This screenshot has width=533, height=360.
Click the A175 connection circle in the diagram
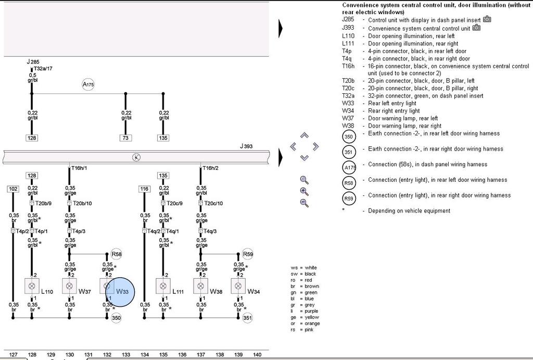click(x=88, y=84)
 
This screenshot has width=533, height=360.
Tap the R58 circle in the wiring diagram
click(x=117, y=254)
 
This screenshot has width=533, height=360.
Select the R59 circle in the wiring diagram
click(x=248, y=254)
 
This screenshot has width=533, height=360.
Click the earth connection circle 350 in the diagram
click(x=116, y=318)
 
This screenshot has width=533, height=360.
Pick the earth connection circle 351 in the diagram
click(x=248, y=318)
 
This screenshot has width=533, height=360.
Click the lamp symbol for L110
click(x=32, y=286)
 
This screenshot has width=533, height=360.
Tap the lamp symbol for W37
click(x=69, y=286)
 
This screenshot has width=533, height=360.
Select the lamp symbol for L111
click(x=163, y=286)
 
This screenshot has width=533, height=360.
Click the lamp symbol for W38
click(x=201, y=286)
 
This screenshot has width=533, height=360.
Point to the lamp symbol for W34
click(x=238, y=286)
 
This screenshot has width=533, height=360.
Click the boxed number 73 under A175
click(x=125, y=138)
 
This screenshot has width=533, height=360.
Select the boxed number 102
click(x=13, y=189)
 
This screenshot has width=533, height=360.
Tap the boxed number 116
click(x=145, y=189)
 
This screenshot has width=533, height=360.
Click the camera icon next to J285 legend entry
click(x=487, y=20)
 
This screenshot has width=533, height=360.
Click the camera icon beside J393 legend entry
click(x=476, y=28)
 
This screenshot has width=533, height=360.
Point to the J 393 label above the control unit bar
click(x=246, y=146)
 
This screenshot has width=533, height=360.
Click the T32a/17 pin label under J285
click(x=43, y=68)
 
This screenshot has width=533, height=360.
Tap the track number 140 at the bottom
click(x=257, y=355)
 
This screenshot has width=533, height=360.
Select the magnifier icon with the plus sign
click(x=304, y=191)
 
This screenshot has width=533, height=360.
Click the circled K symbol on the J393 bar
click(x=136, y=157)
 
